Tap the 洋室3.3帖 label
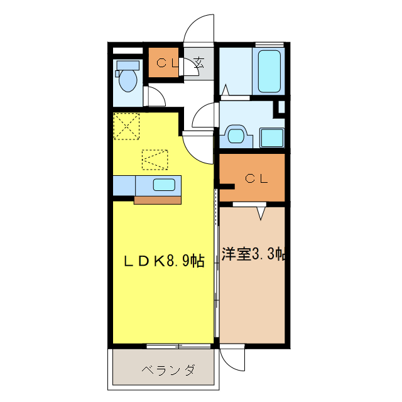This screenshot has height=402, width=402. (x=254, y=254)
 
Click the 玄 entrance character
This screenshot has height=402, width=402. (x=199, y=62)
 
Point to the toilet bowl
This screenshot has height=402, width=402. (x=128, y=80)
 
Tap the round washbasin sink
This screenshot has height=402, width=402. (x=236, y=135)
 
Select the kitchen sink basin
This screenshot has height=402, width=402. (x=165, y=185)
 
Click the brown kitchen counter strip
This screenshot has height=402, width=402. (x=158, y=200)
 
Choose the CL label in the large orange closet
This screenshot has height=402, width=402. (x=257, y=178)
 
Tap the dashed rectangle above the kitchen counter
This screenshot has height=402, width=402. (x=155, y=160)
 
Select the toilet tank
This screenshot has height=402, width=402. (x=128, y=65)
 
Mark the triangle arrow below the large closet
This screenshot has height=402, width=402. (x=261, y=214)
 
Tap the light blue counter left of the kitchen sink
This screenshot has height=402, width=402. (x=124, y=185)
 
